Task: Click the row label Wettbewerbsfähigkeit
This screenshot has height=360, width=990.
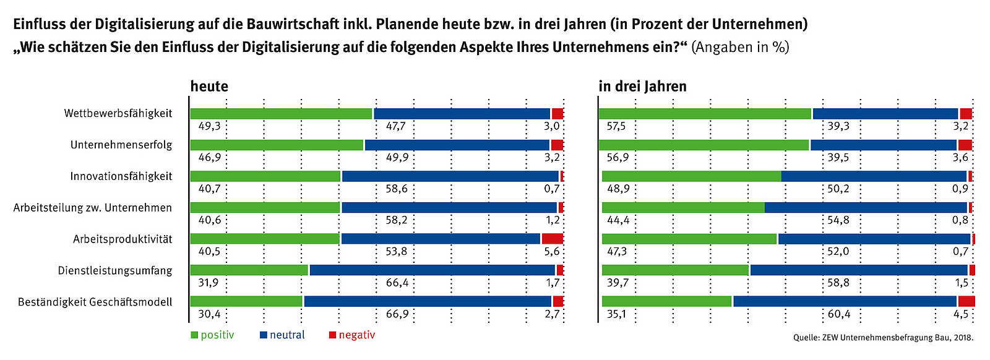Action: coord(118,114)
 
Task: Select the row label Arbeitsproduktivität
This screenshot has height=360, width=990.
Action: coord(123,239)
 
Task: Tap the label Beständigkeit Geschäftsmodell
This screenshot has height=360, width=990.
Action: coord(95,302)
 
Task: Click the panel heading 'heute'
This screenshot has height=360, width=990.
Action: coord(209,87)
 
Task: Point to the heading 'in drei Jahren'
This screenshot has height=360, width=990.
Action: coord(642,87)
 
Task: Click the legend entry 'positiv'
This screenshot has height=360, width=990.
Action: coord(212,335)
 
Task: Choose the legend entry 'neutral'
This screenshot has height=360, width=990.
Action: coord(282,335)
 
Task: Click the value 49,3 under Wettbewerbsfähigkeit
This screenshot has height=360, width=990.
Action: coord(209,126)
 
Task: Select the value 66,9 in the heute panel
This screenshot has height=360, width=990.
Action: coord(397,314)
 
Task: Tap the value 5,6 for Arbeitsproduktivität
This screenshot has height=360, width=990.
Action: coord(552,252)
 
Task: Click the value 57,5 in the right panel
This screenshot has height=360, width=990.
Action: coord(616,126)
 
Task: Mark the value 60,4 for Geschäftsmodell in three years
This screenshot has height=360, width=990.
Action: coord(838,314)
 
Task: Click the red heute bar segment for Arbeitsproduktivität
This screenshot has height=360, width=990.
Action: coord(552,239)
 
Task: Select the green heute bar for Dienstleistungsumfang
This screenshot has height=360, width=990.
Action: coord(249,270)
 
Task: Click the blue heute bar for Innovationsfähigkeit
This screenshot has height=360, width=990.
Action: coord(450,176)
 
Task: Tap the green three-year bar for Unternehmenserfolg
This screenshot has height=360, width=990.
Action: coord(704,145)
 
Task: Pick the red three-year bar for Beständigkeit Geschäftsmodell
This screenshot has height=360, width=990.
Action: coord(966,301)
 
